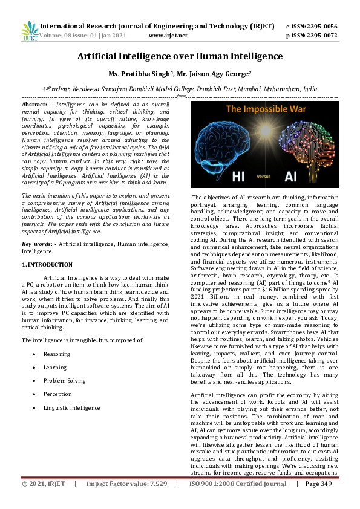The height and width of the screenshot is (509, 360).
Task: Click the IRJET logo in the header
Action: point(29,31)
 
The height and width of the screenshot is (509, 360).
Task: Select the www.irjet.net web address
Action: point(168,36)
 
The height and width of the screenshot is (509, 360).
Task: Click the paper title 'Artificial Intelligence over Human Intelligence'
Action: point(180,56)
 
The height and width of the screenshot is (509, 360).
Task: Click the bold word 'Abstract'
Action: point(34,105)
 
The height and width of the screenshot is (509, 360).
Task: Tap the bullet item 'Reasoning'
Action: point(56,354)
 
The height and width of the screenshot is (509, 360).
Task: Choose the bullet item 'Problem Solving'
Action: point(64,381)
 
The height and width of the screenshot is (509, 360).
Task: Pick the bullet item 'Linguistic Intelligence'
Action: point(71,408)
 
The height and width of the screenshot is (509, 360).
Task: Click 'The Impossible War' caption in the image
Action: point(264,111)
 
